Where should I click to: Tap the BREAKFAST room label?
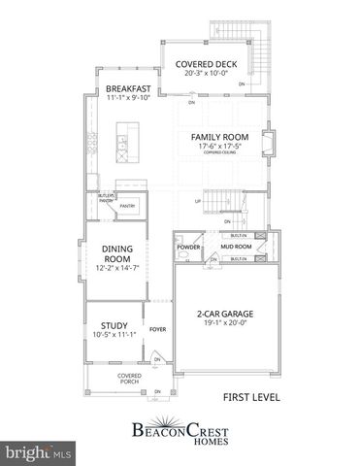[x=129, y=88]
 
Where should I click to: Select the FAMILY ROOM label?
[x=218, y=138]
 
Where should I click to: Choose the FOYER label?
[x=158, y=328]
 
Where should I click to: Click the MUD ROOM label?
[x=236, y=248]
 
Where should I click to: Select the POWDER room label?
[x=188, y=248]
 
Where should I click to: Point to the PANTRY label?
[x=126, y=207]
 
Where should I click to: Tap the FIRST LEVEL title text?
[x=251, y=396]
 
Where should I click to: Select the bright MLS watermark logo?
[x=39, y=452]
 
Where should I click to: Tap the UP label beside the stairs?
[x=198, y=202]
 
